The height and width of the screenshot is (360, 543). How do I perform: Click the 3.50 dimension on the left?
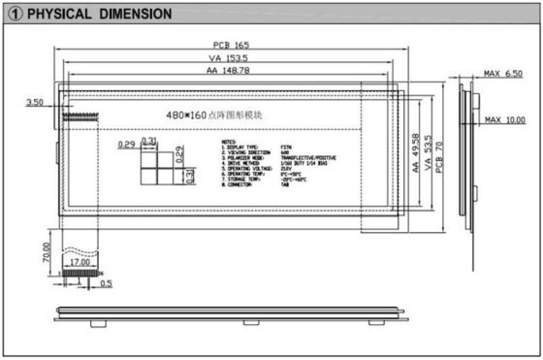tap(35, 101)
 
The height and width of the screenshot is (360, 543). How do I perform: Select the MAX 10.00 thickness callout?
tap(504, 119)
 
